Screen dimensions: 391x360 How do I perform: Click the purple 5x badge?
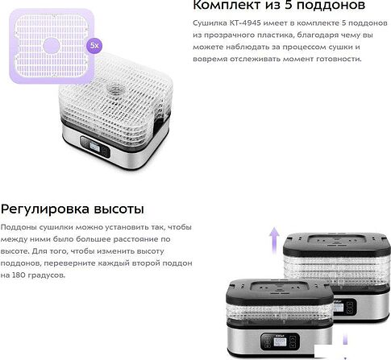coord(94,46)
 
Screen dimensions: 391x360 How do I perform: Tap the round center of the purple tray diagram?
coord(51,45)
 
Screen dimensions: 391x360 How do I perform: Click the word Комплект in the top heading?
coord(227,5)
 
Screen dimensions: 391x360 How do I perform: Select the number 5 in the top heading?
coord(289,5)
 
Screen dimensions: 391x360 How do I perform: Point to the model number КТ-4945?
coord(245,23)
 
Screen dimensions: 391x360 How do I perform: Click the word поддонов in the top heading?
coord(331,6)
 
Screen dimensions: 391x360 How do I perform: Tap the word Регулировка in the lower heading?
coord(45,209)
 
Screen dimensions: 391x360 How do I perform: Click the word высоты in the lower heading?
coord(119,209)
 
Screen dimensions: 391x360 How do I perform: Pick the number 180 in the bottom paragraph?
coord(18,275)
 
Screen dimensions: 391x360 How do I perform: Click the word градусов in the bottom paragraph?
coord(45,275)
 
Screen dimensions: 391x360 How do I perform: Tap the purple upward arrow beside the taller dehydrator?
coord(274,240)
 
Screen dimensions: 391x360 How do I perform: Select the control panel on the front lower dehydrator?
coord(280,341)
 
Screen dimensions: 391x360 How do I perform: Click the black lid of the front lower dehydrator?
coord(280,291)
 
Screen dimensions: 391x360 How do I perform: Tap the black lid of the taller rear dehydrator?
coord(337,244)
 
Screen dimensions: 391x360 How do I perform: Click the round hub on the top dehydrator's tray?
coord(116,89)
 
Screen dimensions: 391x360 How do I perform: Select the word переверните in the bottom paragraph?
coord(69,263)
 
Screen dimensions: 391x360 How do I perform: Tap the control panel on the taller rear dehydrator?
coord(345,307)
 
